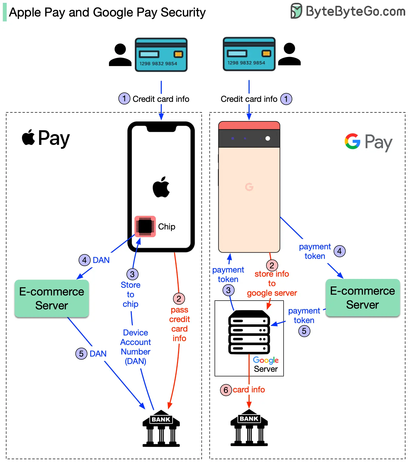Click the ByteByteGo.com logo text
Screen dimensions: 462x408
point(355,11)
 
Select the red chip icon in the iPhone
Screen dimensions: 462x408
point(145,226)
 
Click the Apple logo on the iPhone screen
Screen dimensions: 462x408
point(161,187)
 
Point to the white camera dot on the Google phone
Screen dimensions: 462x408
point(268,138)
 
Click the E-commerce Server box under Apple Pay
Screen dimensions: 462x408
point(52,298)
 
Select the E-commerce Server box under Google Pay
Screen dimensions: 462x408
point(362,298)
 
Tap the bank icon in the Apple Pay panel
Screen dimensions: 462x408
point(161,428)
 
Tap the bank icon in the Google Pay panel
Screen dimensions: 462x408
point(249,427)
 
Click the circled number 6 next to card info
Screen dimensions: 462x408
point(226,390)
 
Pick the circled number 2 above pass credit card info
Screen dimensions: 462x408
point(179,299)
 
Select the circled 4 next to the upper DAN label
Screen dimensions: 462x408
point(84,260)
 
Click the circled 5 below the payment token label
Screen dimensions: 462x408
point(304,331)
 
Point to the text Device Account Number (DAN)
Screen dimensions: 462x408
point(135,347)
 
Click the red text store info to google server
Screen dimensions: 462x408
point(272,283)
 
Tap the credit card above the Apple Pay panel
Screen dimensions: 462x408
point(161,55)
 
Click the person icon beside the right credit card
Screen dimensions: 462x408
point(290,54)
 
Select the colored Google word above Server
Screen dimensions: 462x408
point(266,360)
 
